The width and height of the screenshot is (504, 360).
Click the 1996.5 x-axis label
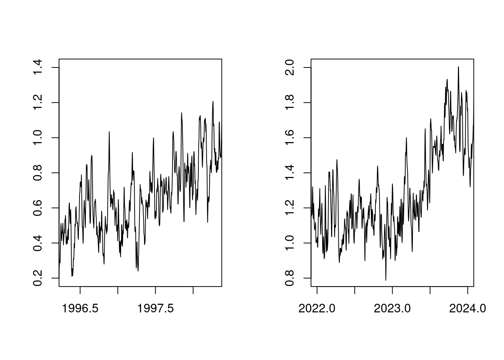[x=80, y=309]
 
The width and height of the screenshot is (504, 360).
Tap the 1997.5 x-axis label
[x=156, y=309]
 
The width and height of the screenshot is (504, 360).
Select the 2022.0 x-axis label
[x=317, y=309]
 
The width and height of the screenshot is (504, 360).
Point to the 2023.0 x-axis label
[x=392, y=309]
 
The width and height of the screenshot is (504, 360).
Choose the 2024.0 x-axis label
[x=468, y=309]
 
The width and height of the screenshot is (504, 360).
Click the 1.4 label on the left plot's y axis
[x=38, y=67]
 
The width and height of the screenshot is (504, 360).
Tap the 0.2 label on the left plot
[x=38, y=278]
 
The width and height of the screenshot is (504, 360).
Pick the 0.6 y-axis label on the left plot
[x=38, y=208]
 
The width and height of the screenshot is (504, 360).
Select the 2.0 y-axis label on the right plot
[x=290, y=67]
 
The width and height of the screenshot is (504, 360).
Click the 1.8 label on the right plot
[x=290, y=102]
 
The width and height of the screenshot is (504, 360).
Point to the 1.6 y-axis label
[x=290, y=138]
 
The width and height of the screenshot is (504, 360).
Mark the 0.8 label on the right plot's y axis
[x=290, y=278]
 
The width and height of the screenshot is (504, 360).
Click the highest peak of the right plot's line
[x=458, y=67]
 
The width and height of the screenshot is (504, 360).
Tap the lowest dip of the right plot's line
[x=385, y=280]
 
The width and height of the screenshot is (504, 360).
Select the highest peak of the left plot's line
[x=213, y=101]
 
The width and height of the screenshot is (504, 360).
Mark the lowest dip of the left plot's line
[x=72, y=276]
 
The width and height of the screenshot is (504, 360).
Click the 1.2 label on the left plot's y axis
[x=38, y=102]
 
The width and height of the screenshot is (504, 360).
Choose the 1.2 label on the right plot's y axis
[x=290, y=208]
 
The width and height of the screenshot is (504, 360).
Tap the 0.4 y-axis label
[x=38, y=243]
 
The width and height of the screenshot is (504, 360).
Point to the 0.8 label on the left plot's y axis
[x=38, y=173]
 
